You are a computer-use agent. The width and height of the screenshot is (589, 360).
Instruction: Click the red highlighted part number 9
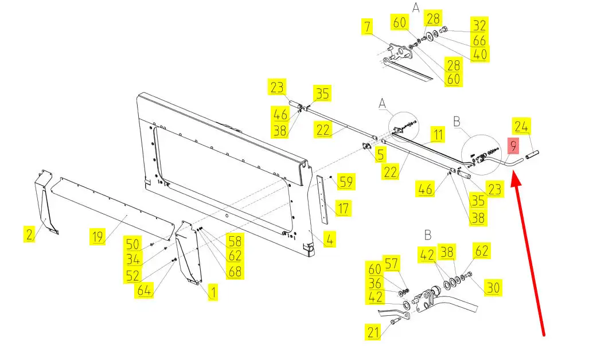click(513, 146)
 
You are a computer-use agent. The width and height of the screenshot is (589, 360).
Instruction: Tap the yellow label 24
click(521, 127)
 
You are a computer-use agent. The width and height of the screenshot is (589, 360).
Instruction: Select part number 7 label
click(368, 26)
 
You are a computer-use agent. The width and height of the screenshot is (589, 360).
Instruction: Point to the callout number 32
click(479, 25)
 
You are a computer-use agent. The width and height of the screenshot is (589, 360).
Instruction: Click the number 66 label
click(479, 40)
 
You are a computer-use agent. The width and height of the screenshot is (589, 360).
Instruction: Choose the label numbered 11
click(438, 134)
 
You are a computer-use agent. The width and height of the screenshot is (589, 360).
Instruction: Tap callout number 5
click(380, 154)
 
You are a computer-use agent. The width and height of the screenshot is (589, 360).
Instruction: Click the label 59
click(346, 182)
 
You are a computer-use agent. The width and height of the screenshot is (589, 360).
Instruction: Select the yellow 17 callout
click(342, 208)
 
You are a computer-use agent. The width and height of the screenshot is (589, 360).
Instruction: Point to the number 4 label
click(329, 239)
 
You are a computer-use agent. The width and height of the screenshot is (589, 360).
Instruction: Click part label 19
click(97, 237)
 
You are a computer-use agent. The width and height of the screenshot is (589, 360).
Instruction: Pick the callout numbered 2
click(29, 234)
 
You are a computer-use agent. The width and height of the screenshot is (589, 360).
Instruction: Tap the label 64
click(145, 290)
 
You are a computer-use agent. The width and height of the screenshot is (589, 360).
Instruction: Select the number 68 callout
click(235, 271)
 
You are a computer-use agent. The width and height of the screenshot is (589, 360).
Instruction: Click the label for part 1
click(213, 292)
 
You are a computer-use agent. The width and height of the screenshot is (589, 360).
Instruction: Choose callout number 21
click(373, 332)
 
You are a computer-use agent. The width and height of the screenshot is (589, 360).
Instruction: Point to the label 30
click(493, 288)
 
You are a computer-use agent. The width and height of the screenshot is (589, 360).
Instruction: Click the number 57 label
click(391, 264)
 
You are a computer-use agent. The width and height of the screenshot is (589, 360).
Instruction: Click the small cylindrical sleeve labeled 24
click(532, 154)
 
